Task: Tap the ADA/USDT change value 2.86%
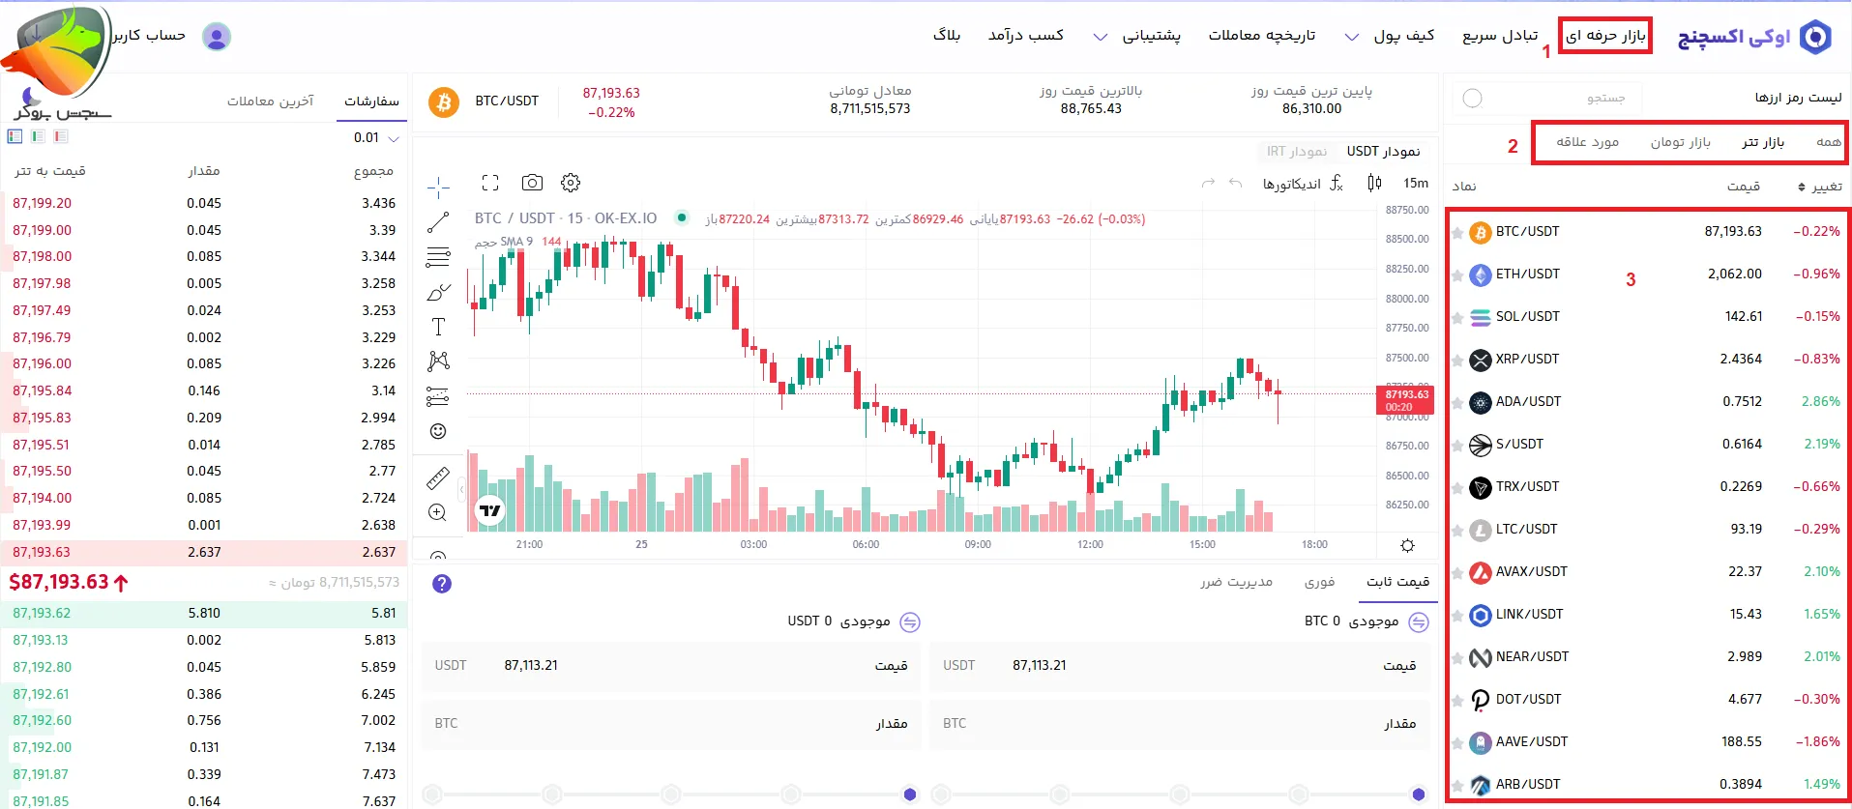click(1820, 402)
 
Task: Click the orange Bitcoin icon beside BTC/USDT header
click(443, 101)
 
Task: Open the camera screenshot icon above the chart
click(532, 183)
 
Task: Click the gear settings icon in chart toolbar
click(571, 183)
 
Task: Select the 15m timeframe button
click(1415, 184)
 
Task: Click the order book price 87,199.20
click(43, 204)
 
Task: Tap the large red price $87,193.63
click(60, 582)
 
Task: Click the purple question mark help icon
click(442, 584)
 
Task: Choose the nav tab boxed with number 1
click(1605, 36)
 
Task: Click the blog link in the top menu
click(946, 36)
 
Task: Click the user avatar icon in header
click(217, 37)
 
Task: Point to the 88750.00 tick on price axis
click(1406, 211)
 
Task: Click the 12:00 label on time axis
click(1090, 545)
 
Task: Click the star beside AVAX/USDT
click(1456, 573)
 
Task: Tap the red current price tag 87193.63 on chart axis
click(1405, 399)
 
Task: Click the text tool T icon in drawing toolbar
click(438, 327)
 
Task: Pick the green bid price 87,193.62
click(42, 614)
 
